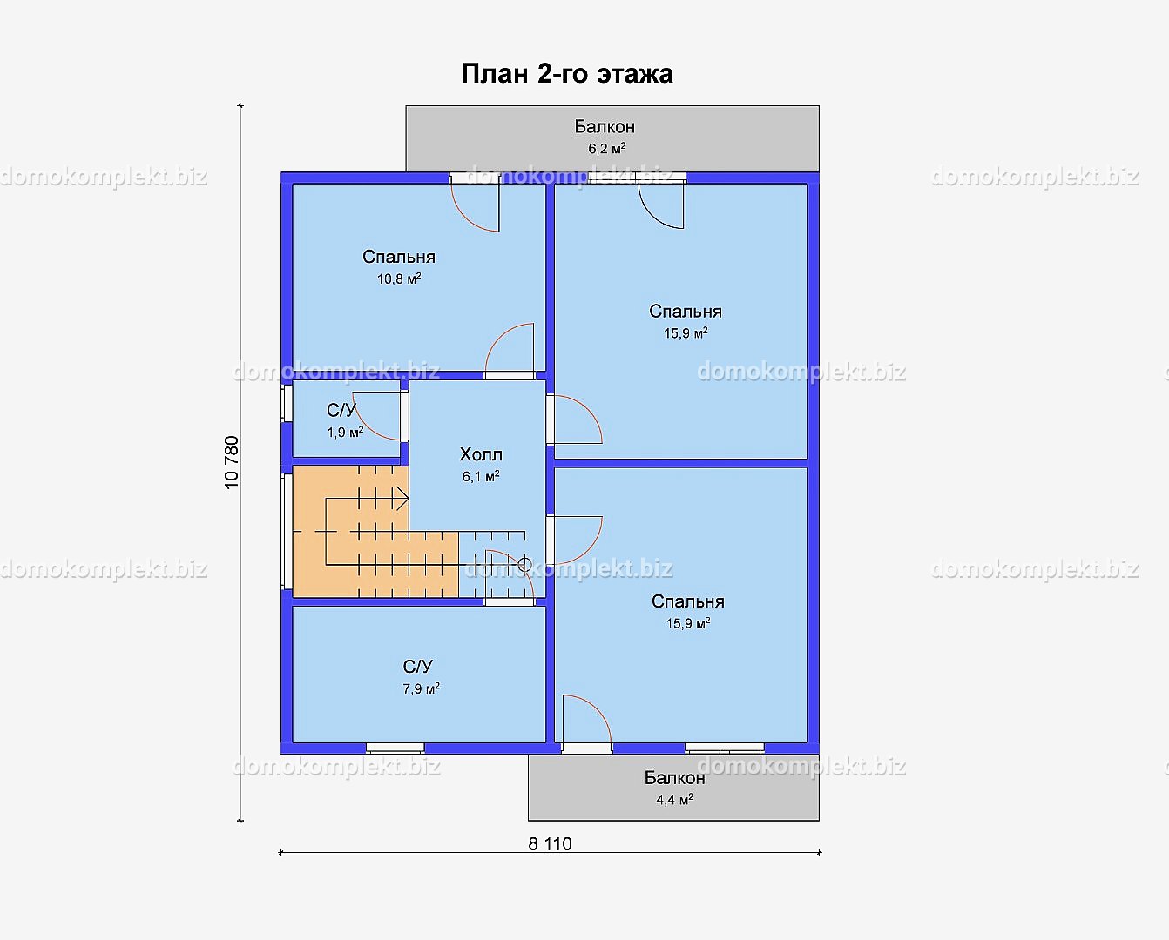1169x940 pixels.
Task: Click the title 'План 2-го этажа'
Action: point(566,73)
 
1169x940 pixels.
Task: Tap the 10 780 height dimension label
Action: point(232,462)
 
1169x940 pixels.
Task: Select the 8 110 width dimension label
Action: point(550,844)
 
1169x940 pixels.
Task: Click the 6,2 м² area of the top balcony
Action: point(607,148)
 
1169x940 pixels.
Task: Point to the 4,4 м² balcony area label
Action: point(675,799)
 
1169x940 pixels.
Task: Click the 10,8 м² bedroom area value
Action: point(399,279)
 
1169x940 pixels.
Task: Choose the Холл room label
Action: point(481,453)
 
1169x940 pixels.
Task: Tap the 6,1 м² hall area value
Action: point(481,476)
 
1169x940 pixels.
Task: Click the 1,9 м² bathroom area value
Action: point(345,432)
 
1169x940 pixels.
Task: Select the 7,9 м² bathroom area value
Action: point(421,688)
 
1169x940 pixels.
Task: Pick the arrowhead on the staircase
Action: point(402,498)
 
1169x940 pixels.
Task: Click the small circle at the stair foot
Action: point(524,565)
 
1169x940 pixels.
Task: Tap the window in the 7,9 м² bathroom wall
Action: point(395,748)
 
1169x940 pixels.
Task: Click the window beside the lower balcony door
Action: point(724,748)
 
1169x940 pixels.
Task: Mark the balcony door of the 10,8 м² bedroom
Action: point(475,207)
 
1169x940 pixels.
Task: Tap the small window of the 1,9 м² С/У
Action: point(287,403)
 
